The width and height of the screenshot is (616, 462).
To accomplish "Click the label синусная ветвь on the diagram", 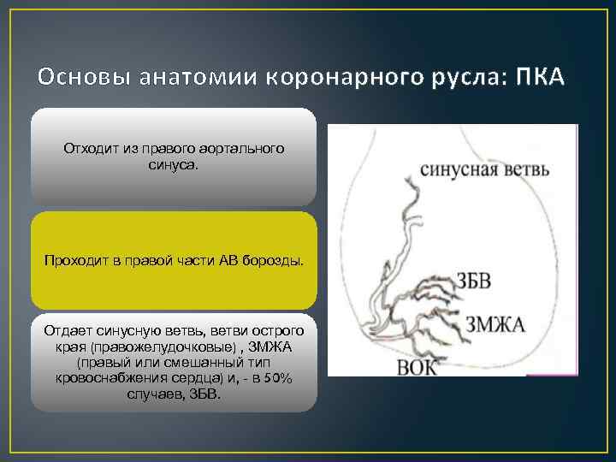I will click(485, 169).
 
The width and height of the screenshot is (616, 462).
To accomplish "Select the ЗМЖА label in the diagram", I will click(495, 324).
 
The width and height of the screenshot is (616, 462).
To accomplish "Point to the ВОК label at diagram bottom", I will click(418, 368).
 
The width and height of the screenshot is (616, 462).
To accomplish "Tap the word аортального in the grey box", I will click(246, 149).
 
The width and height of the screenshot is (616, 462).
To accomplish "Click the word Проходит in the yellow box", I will click(73, 260).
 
